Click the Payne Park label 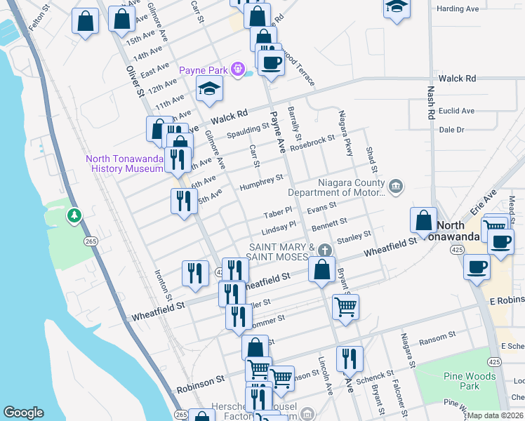click(206, 70)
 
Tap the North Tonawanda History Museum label click(124, 163)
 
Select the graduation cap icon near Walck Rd click(208, 89)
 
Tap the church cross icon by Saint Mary click(324, 250)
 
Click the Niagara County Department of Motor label click(338, 188)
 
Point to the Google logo click(23, 413)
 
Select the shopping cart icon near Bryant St click(345, 306)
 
